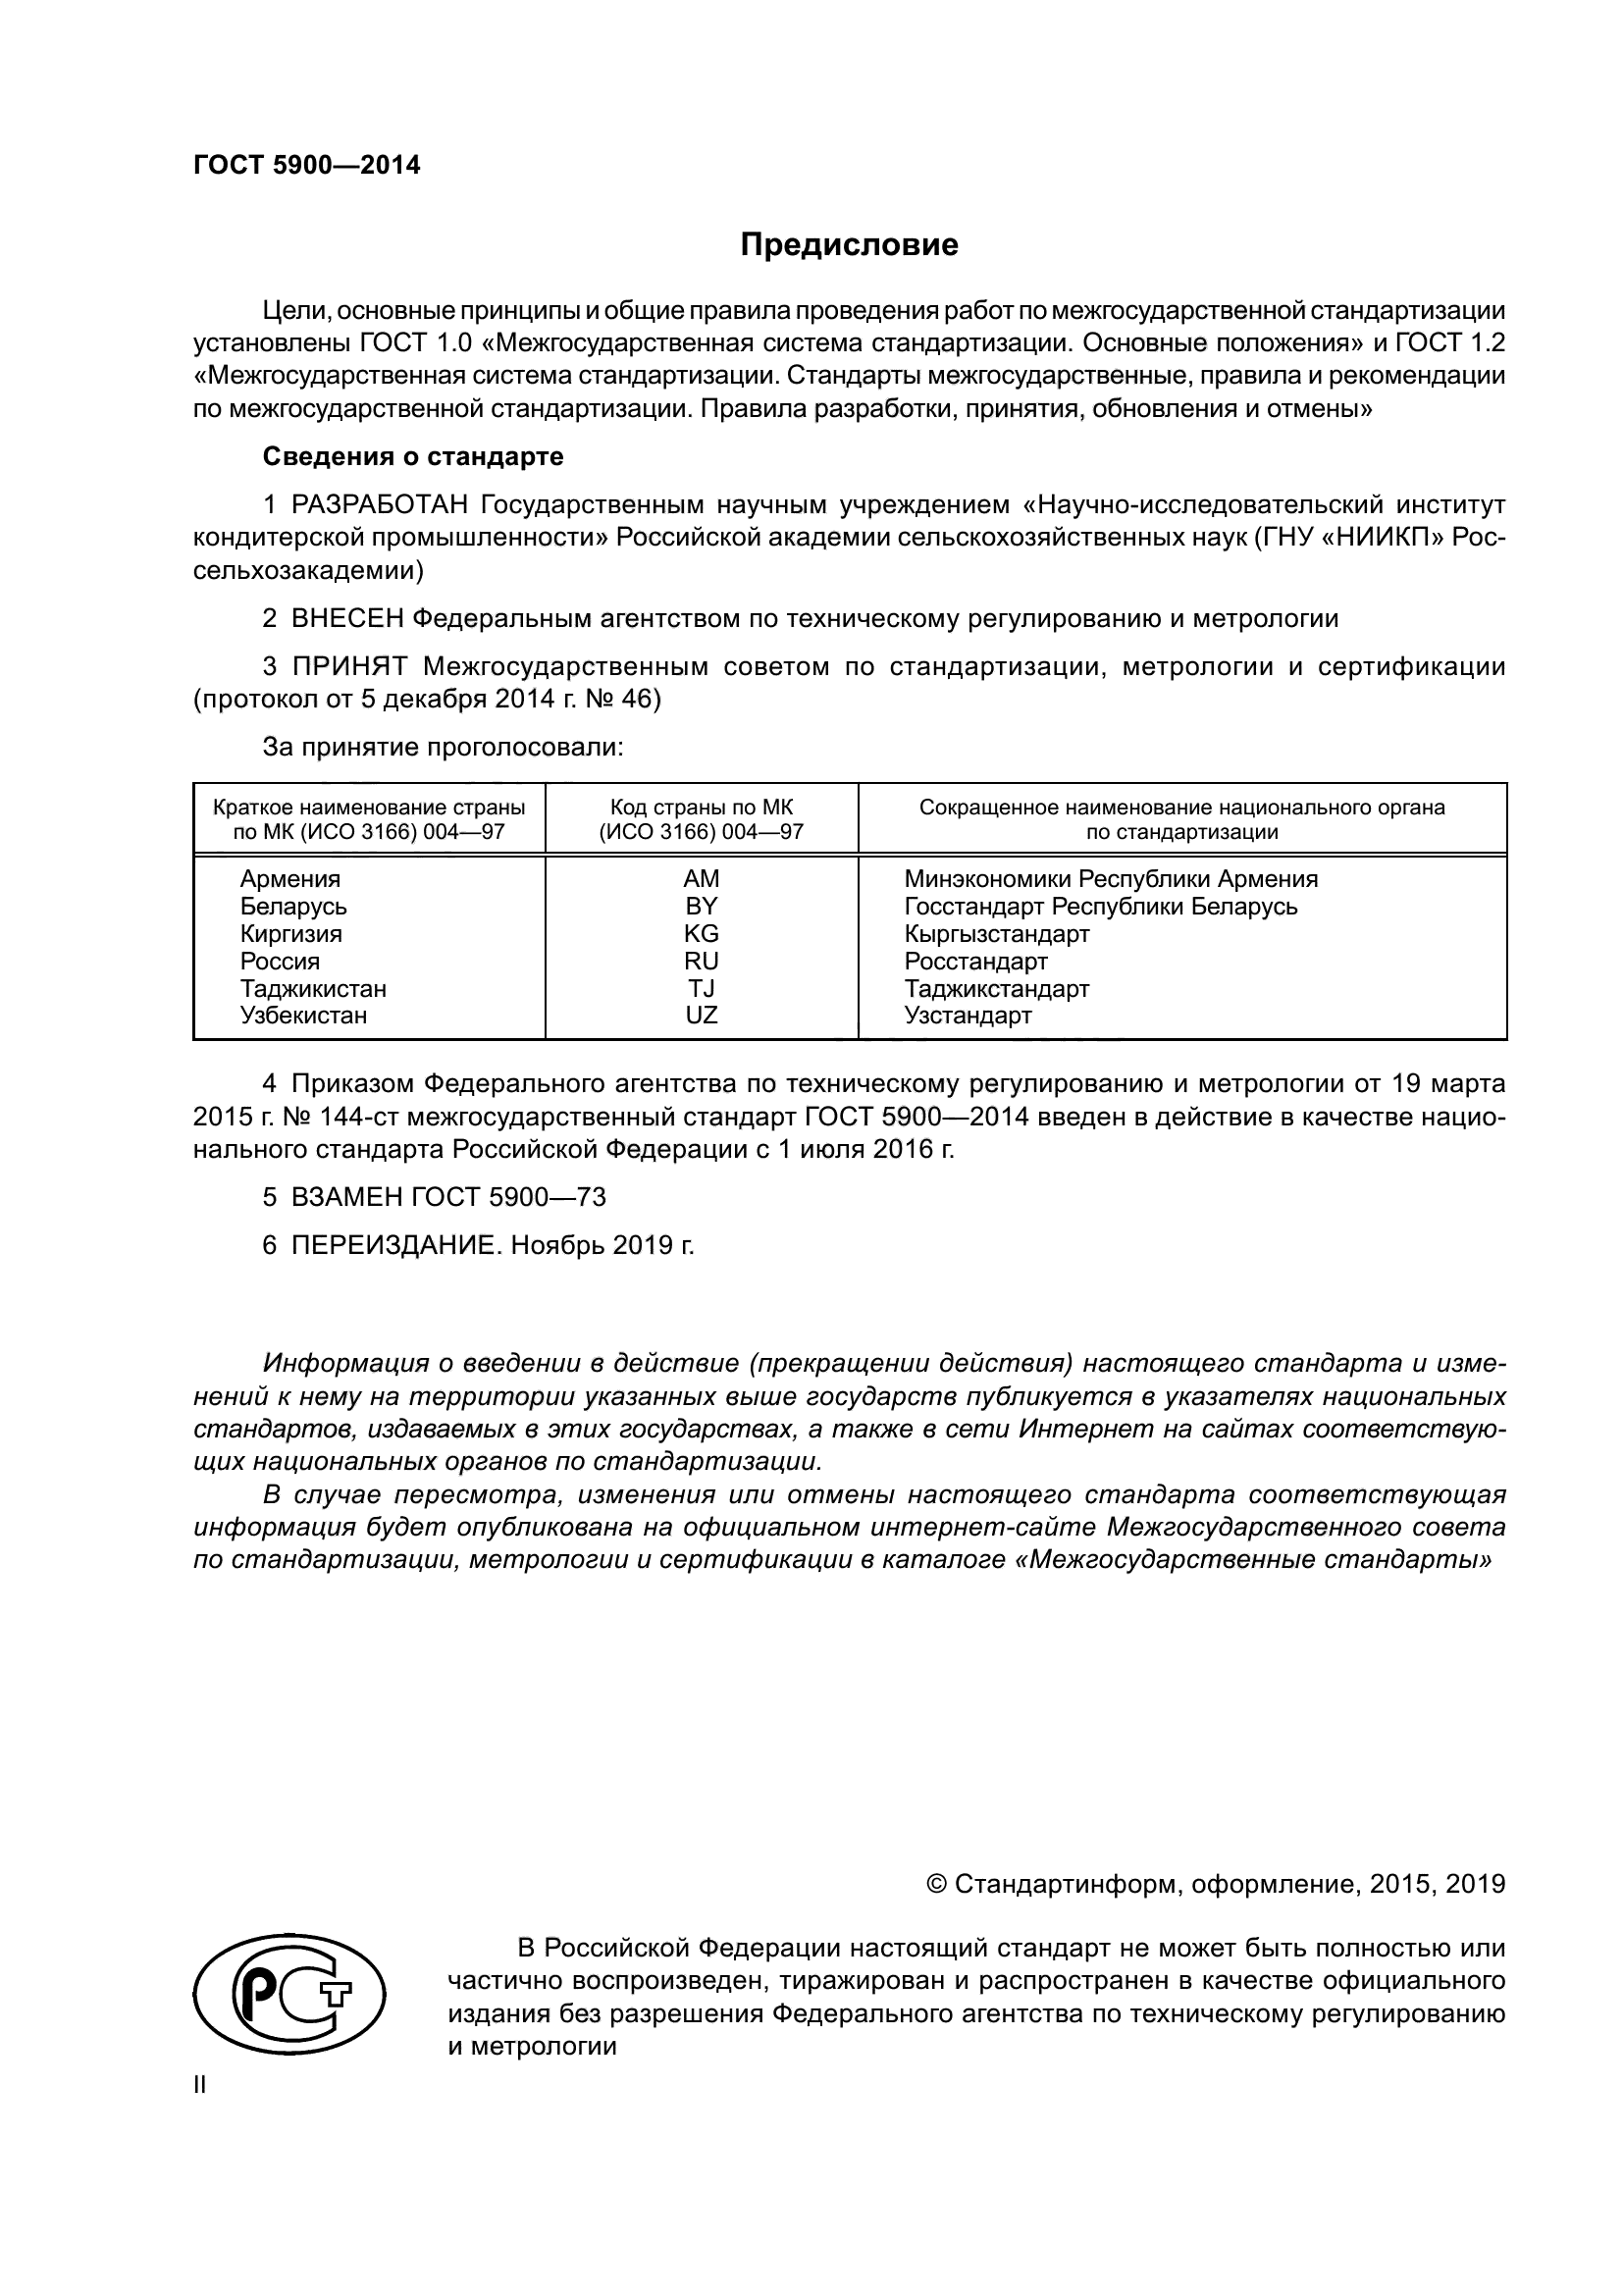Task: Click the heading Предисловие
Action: [x=849, y=245]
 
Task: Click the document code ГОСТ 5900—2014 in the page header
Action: [x=307, y=166]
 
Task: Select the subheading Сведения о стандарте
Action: [x=413, y=457]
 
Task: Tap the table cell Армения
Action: [x=289, y=878]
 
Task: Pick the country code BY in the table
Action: [x=701, y=906]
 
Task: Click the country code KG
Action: [x=701, y=933]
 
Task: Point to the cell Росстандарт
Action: [x=975, y=961]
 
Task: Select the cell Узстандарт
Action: [x=968, y=1016]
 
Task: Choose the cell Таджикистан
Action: [x=313, y=989]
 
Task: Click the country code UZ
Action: [x=701, y=1016]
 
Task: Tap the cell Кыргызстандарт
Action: [x=996, y=933]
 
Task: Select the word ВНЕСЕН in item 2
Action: [x=347, y=619]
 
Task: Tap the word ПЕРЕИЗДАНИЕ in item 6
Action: [x=393, y=1245]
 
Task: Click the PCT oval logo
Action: [x=288, y=1993]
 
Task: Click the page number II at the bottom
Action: [x=200, y=2084]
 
